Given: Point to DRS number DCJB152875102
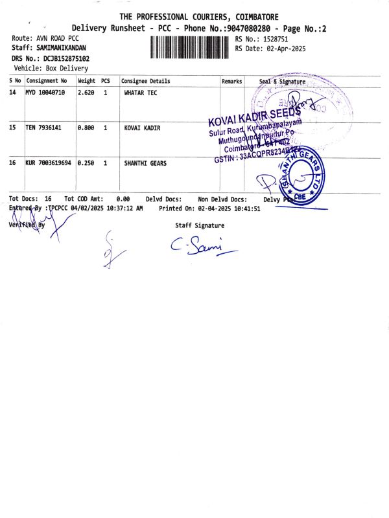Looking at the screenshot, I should coord(66,58).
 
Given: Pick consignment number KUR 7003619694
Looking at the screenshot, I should coord(49,163).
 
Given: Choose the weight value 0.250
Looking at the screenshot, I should coord(86,163).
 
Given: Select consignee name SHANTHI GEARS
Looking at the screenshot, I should coord(145,163).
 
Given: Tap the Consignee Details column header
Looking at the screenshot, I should coord(146,82).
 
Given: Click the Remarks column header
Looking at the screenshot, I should coord(231,82).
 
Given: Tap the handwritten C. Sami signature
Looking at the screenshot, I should coord(195,245).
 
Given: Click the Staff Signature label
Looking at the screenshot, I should coord(200,225).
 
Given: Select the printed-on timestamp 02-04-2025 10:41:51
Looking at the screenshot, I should coord(228,208).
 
